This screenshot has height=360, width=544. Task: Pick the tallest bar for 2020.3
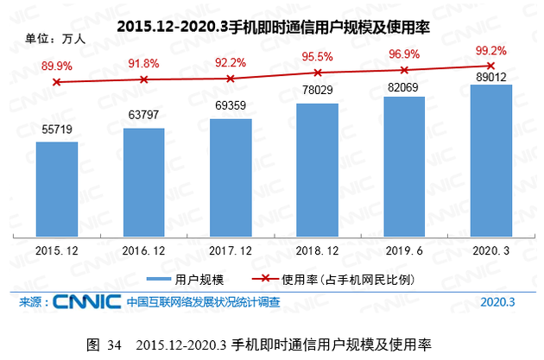point(490,160)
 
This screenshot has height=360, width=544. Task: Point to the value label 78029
point(317,92)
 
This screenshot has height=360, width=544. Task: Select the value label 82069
point(403,86)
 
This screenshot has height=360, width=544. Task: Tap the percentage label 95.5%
point(317,56)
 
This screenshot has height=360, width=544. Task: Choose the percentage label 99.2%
point(490,50)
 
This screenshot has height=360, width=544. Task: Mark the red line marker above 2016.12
point(143,79)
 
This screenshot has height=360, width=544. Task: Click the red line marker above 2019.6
point(403,70)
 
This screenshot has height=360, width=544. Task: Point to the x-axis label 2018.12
point(317,249)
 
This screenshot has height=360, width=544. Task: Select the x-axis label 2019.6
point(403,249)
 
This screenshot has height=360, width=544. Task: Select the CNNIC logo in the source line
point(86,302)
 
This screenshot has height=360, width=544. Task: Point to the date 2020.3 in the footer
point(498,302)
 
